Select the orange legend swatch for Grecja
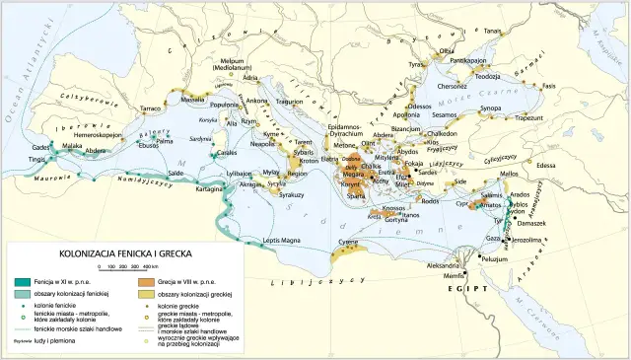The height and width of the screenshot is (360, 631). tap(144, 282)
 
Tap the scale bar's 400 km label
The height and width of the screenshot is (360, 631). tap(149, 267)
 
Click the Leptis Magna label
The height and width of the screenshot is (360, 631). tap(282, 240)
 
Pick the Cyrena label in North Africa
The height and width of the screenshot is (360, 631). tap(348, 242)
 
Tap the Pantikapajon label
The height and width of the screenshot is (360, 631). tap(470, 61)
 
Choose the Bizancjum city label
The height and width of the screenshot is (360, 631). tap(406, 128)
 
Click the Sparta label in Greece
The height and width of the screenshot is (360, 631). tap(347, 196)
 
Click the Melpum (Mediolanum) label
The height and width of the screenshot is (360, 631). tap(234, 64)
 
